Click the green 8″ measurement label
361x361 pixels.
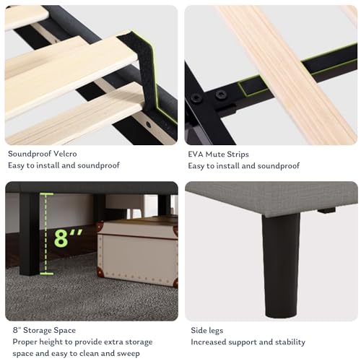pyautogui.click(x=68, y=238)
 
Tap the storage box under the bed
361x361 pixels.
pyautogui.click(x=137, y=253)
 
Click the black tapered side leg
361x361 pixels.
pyautogui.click(x=281, y=265)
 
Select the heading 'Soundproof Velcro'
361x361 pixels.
pyautogui.click(x=43, y=154)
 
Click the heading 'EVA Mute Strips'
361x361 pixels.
pyautogui.click(x=218, y=154)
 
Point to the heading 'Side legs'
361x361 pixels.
pyautogui.click(x=207, y=331)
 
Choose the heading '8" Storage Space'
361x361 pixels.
pyautogui.click(x=44, y=330)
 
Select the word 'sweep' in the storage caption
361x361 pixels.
pyautogui.click(x=129, y=354)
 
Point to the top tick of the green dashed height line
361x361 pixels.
pyautogui.click(x=47, y=193)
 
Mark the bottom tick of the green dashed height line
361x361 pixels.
pyautogui.click(x=47, y=274)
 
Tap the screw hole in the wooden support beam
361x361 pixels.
pyautogui.click(x=149, y=124)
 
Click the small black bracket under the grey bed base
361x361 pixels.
pyautogui.click(x=326, y=210)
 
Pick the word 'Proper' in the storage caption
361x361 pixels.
pyautogui.click(x=25, y=342)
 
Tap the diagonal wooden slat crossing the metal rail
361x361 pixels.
pyautogui.click(x=287, y=72)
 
